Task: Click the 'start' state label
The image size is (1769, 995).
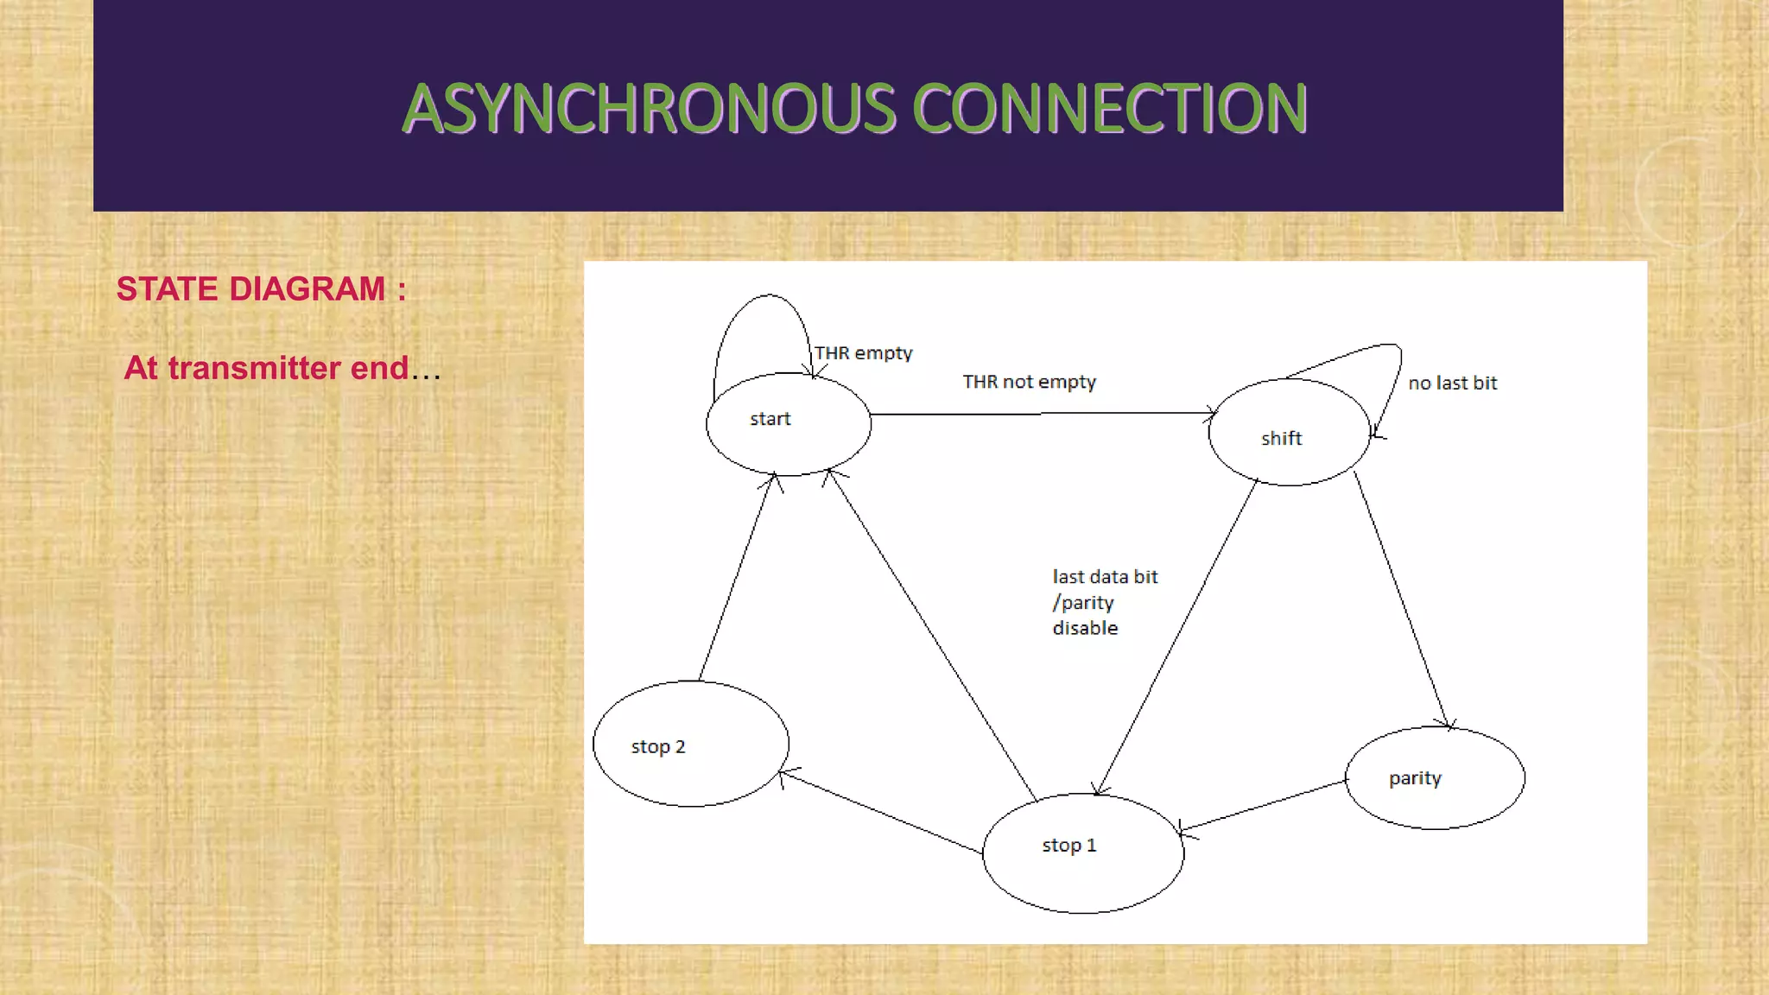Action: click(770, 419)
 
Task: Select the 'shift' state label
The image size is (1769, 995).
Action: click(1281, 439)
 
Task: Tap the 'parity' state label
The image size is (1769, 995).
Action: click(1415, 778)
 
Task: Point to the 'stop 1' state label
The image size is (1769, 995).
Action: click(1068, 846)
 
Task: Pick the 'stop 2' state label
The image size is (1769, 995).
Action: click(657, 747)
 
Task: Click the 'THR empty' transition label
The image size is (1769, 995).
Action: click(863, 353)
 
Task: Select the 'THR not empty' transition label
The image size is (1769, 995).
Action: click(1029, 382)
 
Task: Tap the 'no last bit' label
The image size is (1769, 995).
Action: click(1452, 383)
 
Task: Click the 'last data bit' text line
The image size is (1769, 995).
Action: click(1105, 577)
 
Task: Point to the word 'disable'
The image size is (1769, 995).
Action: click(1085, 629)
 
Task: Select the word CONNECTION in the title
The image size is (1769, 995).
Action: click(1110, 110)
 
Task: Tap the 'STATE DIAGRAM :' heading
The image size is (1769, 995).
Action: click(261, 289)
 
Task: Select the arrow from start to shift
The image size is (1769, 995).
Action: click(1041, 414)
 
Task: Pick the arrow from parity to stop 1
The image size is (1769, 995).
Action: click(1263, 806)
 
